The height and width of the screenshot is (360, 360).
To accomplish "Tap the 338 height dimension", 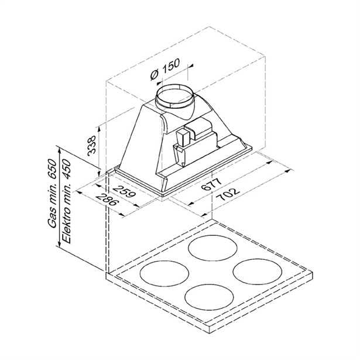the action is click(x=92, y=145).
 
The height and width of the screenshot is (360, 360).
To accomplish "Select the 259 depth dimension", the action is click(x=125, y=191).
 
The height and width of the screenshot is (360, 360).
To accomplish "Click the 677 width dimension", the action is click(x=211, y=184).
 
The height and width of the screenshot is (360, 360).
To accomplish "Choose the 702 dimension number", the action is click(x=228, y=194).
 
